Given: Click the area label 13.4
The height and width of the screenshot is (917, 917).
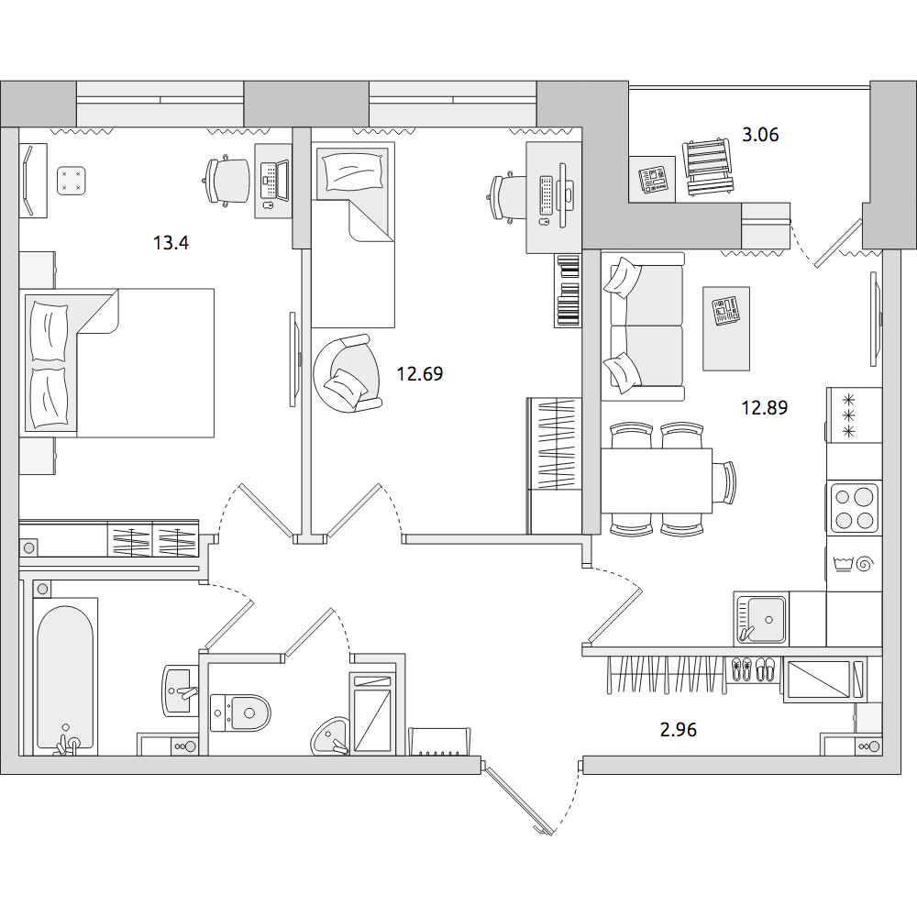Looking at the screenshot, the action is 171,242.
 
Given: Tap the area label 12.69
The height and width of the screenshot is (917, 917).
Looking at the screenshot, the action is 420,373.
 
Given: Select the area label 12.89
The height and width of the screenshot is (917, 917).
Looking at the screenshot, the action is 765,407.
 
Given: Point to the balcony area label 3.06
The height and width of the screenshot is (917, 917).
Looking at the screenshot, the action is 760,135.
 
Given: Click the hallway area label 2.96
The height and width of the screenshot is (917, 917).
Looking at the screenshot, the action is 679,729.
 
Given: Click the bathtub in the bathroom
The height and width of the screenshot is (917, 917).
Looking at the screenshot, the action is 65,677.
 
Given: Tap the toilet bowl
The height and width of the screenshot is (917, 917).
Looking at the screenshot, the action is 240,713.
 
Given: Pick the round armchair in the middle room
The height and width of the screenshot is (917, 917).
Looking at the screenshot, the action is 347,373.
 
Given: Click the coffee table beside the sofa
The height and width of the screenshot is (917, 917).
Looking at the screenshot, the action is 725,328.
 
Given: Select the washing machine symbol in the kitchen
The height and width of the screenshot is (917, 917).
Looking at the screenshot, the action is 854,565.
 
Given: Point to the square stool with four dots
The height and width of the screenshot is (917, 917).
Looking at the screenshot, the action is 72,181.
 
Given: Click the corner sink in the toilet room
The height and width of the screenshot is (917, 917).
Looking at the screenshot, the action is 330,736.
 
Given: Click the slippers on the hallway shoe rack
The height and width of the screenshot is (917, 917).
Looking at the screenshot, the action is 752,669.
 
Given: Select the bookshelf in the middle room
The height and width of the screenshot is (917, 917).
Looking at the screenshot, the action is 568,290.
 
